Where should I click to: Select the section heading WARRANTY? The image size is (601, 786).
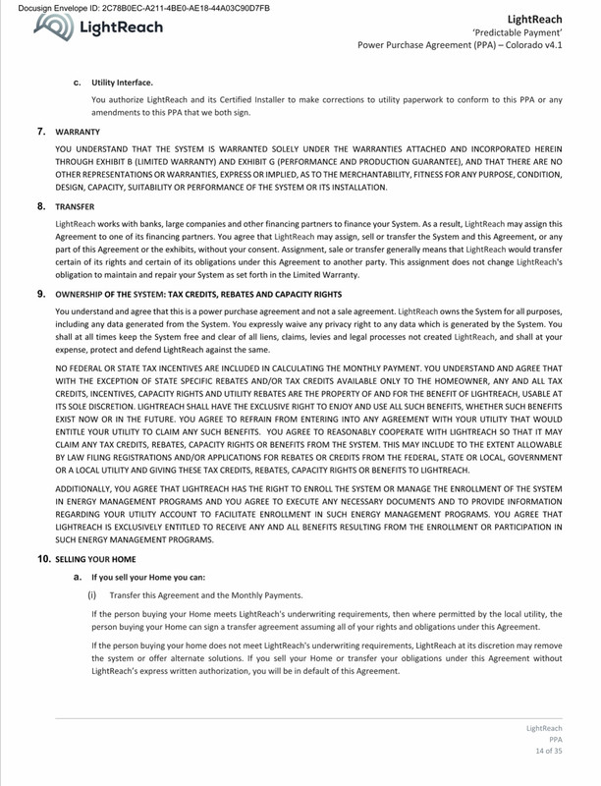(78, 130)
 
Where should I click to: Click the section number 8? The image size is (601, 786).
(41, 207)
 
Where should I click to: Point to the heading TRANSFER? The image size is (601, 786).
(75, 207)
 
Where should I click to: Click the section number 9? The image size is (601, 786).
(41, 294)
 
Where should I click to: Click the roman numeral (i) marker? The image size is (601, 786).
(94, 594)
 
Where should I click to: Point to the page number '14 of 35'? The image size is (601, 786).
(546, 752)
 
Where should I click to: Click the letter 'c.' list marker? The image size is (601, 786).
(78, 83)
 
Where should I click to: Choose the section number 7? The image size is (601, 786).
(41, 130)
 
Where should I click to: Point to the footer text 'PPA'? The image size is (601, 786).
(556, 739)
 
